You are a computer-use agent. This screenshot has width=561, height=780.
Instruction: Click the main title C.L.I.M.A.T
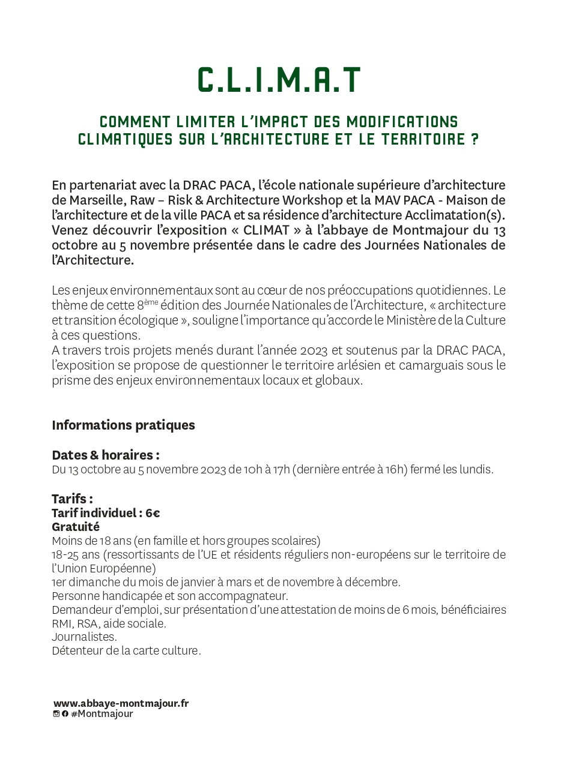(x=279, y=80)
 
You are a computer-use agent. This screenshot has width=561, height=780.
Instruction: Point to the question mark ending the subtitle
(x=475, y=140)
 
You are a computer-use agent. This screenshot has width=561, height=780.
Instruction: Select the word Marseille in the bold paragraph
(x=94, y=200)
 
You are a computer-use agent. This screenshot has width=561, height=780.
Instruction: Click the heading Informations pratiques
(x=123, y=425)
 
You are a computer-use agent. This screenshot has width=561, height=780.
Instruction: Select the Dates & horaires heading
(x=105, y=455)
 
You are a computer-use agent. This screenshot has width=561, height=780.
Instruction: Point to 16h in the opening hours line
(x=395, y=470)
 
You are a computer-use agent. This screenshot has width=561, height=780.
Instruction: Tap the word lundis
(x=477, y=470)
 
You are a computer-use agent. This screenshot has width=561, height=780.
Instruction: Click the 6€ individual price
(x=153, y=514)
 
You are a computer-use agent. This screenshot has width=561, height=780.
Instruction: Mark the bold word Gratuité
(x=76, y=527)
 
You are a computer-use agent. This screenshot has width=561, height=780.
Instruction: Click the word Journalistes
(x=84, y=637)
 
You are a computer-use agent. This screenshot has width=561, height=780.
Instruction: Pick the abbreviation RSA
(x=88, y=623)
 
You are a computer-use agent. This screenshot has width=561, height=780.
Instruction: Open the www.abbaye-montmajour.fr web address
(x=121, y=703)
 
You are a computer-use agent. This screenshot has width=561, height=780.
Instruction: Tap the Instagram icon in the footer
(x=56, y=714)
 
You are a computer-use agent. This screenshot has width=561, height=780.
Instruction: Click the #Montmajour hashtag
(x=102, y=714)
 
